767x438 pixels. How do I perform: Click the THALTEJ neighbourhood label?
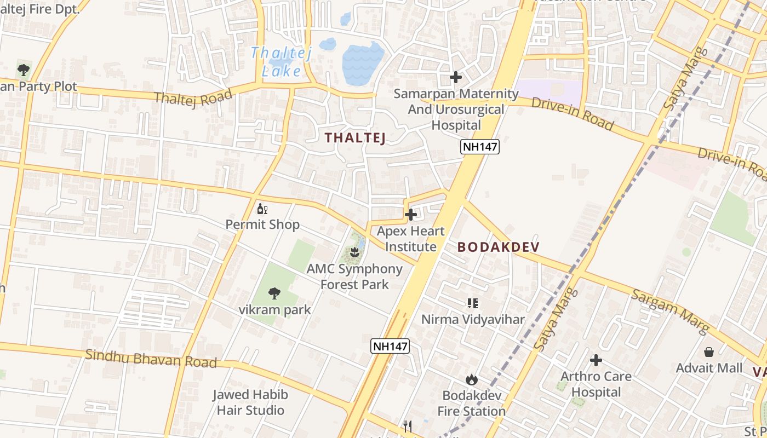pyautogui.click(x=356, y=138)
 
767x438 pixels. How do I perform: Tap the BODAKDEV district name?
pyautogui.click(x=498, y=247)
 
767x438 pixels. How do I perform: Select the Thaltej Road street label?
pyautogui.click(x=193, y=97)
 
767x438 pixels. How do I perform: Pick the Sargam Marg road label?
pyautogui.click(x=670, y=311)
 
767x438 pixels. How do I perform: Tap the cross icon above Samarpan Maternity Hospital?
pyautogui.click(x=455, y=77)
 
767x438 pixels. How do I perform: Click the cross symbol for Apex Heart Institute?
pyautogui.click(x=410, y=215)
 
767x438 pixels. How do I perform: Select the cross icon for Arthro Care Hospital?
pyautogui.click(x=596, y=360)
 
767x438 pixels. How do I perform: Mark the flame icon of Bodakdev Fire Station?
pyautogui.click(x=471, y=379)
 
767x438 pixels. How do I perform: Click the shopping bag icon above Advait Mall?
pyautogui.click(x=709, y=351)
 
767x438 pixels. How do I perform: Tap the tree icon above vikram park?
pyautogui.click(x=274, y=293)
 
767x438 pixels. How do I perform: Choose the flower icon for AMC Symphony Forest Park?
pyautogui.click(x=354, y=252)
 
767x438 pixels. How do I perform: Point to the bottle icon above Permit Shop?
pyautogui.click(x=262, y=209)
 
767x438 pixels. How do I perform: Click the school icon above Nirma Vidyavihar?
pyautogui.click(x=472, y=303)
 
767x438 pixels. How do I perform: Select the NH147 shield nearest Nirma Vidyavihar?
pyautogui.click(x=390, y=346)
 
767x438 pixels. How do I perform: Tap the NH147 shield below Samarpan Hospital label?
pyautogui.click(x=480, y=146)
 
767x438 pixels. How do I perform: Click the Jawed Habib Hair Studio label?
pyautogui.click(x=250, y=402)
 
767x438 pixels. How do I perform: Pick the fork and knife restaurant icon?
pyautogui.click(x=407, y=427)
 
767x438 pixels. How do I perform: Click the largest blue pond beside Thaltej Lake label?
pyautogui.click(x=363, y=62)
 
